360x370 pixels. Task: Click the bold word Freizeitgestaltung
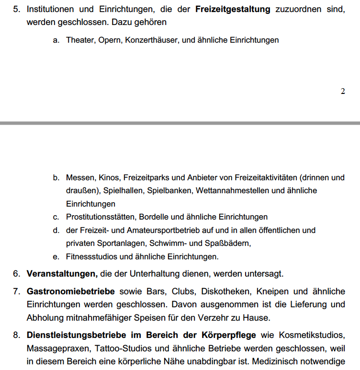233,9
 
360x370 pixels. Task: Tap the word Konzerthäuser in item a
152,40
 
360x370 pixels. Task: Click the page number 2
342,91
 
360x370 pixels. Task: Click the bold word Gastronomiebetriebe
70,291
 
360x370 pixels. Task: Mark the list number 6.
16,274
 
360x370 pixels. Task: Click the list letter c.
56,217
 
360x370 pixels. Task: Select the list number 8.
16,335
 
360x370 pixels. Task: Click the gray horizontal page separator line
180,123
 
